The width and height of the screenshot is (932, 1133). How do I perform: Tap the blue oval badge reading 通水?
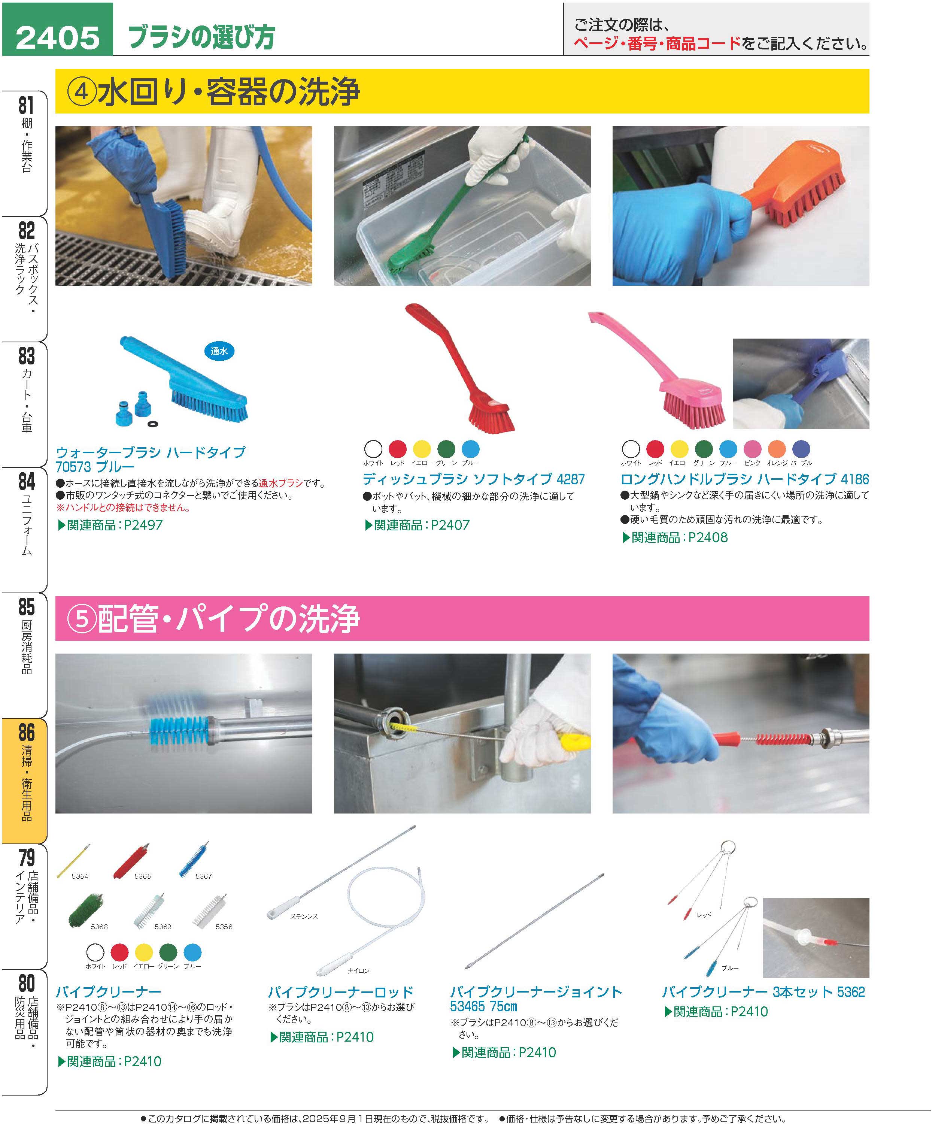pos(219,351)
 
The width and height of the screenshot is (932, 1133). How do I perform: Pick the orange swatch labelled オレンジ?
pos(777,448)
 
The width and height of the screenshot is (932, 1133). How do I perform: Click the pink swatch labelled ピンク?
pos(752,448)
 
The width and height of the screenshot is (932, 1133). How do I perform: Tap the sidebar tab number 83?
pos(26,356)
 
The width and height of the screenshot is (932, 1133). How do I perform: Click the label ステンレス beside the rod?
pos(304,917)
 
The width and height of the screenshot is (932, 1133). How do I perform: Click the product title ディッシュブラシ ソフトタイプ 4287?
pos(474,479)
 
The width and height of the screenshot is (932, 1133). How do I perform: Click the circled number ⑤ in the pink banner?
pos(82,619)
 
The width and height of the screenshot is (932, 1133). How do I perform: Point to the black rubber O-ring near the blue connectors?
pos(152,424)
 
